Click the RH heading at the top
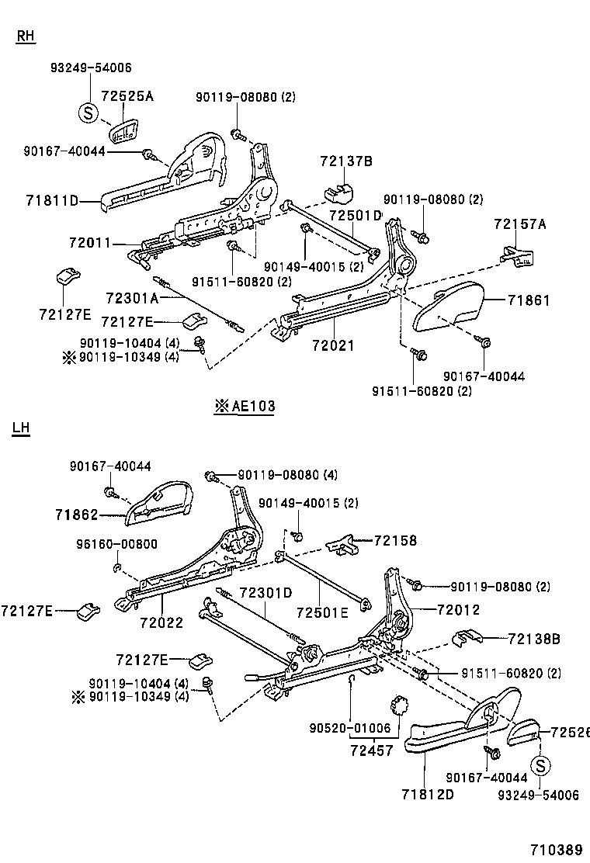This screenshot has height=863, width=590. click(x=26, y=36)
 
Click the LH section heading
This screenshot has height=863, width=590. click(x=21, y=427)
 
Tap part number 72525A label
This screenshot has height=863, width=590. click(x=127, y=96)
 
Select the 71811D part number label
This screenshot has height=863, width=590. click(x=51, y=201)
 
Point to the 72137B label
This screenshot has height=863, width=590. click(x=345, y=161)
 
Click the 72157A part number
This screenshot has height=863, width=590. click(x=520, y=224)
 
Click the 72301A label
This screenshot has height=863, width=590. click(x=131, y=297)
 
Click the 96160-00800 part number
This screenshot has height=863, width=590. click(x=116, y=543)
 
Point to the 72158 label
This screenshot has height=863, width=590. click(x=395, y=540)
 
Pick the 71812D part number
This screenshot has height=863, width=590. click(x=427, y=795)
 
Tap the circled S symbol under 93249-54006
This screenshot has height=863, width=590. click(x=88, y=114)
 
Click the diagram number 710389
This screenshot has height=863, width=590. click(x=556, y=850)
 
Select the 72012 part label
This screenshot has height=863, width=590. click(x=459, y=610)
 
